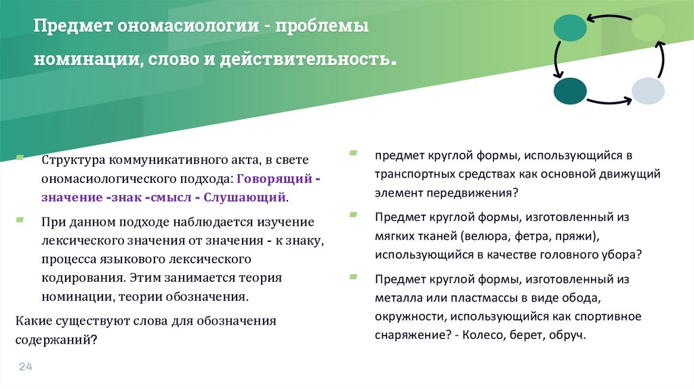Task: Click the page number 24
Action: (26, 367)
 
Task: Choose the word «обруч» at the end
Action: (567, 335)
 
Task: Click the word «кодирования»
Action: (81, 277)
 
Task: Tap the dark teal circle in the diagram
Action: (570, 91)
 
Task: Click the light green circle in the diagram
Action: (648, 28)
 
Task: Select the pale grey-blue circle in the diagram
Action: (648, 91)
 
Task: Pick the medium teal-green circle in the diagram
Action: (570, 28)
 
